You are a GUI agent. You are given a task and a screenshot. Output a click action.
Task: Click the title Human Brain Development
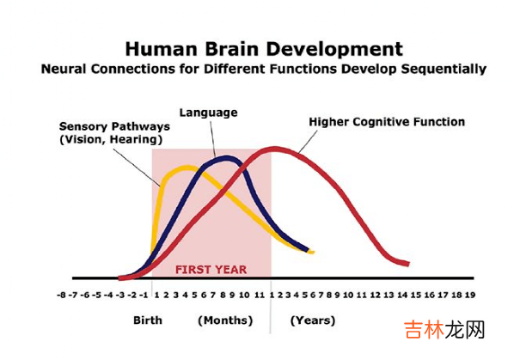pyautogui.click(x=264, y=49)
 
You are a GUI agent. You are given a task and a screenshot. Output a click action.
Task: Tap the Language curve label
pyautogui.click(x=208, y=113)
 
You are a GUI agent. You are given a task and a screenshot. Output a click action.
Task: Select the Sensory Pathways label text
pyautogui.click(x=114, y=126)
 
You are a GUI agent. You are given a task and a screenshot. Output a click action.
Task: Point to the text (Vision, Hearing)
pyautogui.click(x=111, y=139)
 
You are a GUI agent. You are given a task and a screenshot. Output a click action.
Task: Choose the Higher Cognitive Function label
pyautogui.click(x=387, y=122)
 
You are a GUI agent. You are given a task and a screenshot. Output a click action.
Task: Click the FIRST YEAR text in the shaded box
pyautogui.click(x=211, y=270)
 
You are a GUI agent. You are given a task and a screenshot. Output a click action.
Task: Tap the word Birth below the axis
pyautogui.click(x=148, y=320)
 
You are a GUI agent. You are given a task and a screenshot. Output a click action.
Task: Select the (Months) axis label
pyautogui.click(x=225, y=320)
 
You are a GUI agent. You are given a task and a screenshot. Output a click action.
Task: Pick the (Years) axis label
pyautogui.click(x=313, y=320)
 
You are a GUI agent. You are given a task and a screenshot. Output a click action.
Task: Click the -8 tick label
pyautogui.click(x=61, y=295)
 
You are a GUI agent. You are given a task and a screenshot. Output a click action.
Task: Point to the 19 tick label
pyautogui.click(x=470, y=295)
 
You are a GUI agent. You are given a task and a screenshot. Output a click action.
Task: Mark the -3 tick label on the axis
pyautogui.click(x=120, y=295)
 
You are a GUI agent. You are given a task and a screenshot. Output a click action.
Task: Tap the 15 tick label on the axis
pyautogui.click(x=416, y=295)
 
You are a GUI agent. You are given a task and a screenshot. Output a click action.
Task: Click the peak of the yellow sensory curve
pyautogui.click(x=187, y=168)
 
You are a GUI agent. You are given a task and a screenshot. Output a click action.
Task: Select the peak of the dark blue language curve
pyautogui.click(x=227, y=158)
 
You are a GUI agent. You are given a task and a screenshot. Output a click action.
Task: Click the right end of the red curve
pyautogui.click(x=409, y=264)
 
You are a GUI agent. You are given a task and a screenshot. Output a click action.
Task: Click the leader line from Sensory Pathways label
pyautogui.click(x=137, y=167)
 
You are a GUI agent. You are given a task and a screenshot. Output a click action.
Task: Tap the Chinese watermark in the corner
pyautogui.click(x=444, y=330)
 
